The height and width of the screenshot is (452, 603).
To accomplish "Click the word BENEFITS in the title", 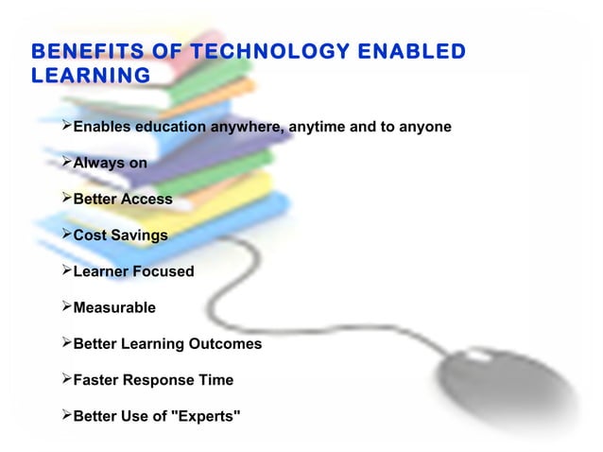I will (x=84, y=51).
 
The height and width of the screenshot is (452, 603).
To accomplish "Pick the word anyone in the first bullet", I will (x=423, y=127).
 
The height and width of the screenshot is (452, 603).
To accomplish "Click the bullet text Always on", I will (x=110, y=163).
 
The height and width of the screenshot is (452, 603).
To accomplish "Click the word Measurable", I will (x=114, y=307).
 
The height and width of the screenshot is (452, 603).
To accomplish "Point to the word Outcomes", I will (x=226, y=344).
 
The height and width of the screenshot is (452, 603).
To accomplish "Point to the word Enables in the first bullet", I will (x=103, y=127).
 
